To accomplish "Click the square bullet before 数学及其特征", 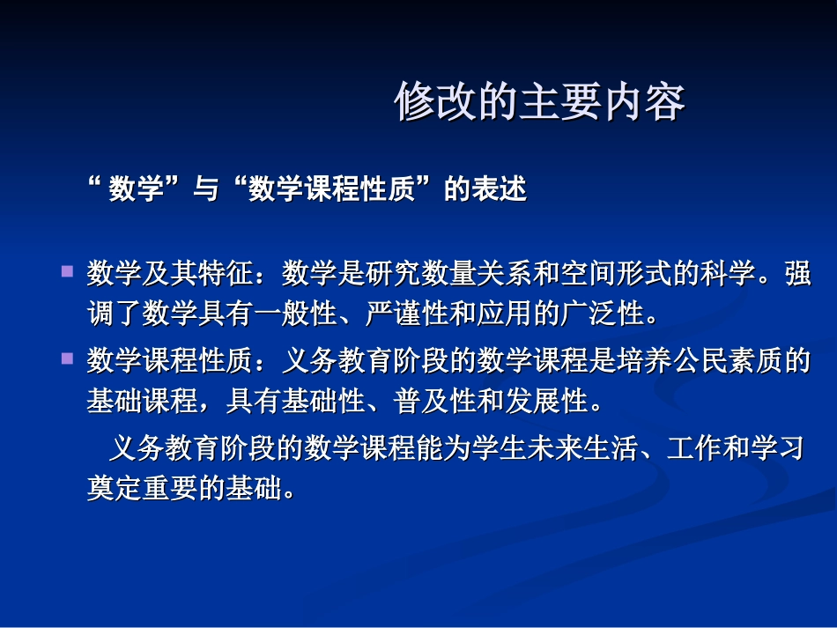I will [67, 273].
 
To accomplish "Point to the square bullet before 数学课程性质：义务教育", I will [67, 359].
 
